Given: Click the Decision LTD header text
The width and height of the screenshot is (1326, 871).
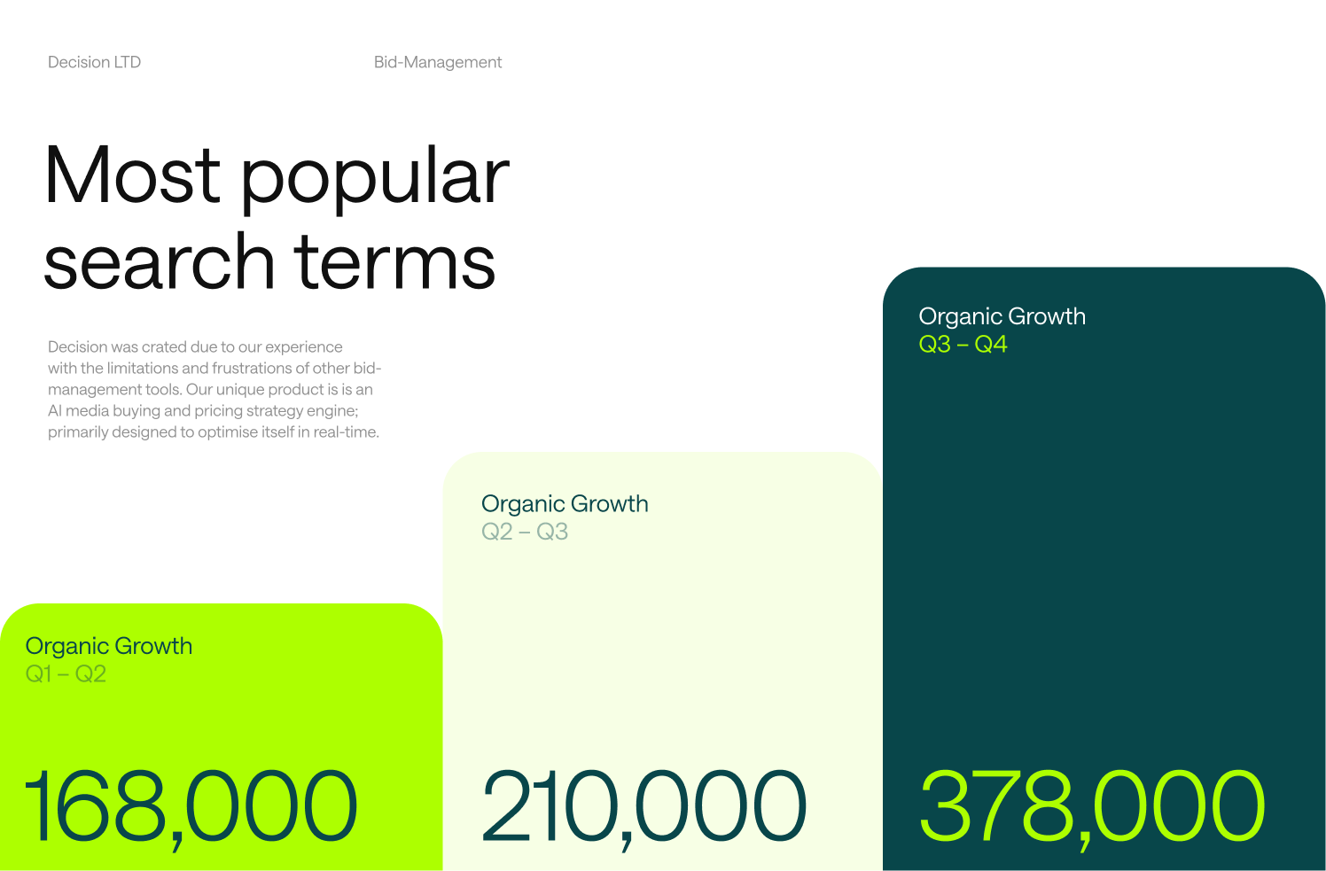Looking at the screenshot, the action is coord(94,62).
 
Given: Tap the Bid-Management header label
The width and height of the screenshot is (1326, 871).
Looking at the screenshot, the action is coord(438,62).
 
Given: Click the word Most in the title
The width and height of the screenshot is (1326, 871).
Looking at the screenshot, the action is coord(132,175).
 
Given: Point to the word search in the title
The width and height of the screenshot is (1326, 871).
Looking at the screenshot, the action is coord(159,261).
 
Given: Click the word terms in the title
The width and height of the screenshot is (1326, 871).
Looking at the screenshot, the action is coord(394,261).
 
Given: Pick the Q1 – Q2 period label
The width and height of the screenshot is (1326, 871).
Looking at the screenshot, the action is coord(66,674).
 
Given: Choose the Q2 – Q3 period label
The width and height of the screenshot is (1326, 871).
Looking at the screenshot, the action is coord(525,532).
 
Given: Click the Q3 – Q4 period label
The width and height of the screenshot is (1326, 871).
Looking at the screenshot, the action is coord(963,345).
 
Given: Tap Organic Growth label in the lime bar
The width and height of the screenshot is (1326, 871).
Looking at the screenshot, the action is coord(109,647).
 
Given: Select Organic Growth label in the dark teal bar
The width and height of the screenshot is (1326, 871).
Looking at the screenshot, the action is coord(1002,317).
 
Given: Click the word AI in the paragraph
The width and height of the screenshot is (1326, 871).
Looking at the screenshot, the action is coord(54,410).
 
